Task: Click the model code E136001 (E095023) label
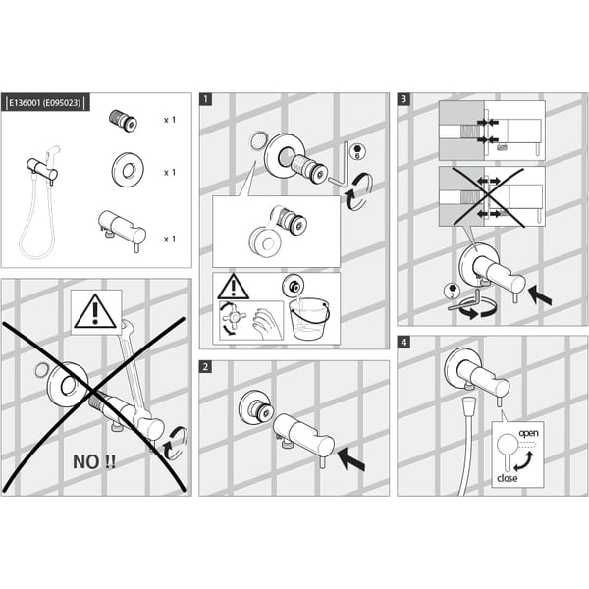tap(45, 102)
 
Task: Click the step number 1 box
tap(205, 99)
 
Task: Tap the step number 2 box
tap(205, 366)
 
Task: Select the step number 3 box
tap(403, 99)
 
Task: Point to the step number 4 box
tap(403, 343)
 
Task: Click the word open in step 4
tap(528, 434)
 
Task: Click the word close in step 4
tap(508, 478)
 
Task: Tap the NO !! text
tap(94, 462)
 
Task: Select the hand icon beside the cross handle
tap(267, 323)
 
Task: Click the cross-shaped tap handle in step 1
tap(234, 318)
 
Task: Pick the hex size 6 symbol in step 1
tap(357, 151)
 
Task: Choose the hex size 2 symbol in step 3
tap(452, 292)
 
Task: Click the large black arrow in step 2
tap(351, 460)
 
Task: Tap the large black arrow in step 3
tap(540, 295)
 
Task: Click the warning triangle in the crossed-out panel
tap(96, 312)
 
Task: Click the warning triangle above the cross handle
tap(234, 287)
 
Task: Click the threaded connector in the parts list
tap(123, 120)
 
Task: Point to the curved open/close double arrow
tap(523, 461)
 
